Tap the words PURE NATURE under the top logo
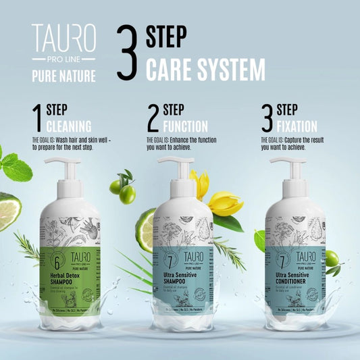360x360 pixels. pyautogui.click(x=63, y=76)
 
